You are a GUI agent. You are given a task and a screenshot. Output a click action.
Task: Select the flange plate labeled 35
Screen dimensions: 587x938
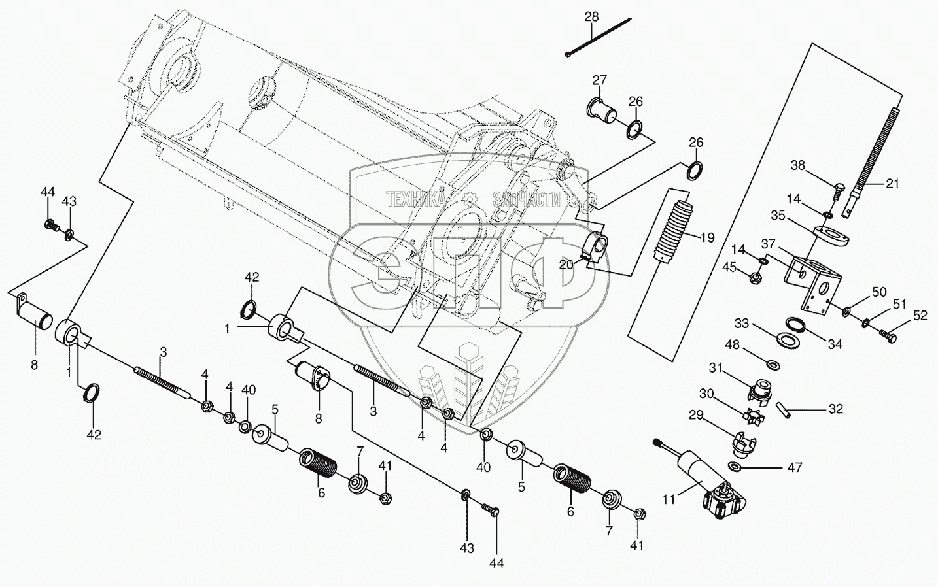(x=831, y=236)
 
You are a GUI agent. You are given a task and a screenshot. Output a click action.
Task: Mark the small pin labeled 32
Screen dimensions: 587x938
(x=783, y=411)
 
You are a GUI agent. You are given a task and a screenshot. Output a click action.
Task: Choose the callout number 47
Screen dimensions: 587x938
(x=795, y=467)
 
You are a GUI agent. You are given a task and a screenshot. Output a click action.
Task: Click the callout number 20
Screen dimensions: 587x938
(x=566, y=263)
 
